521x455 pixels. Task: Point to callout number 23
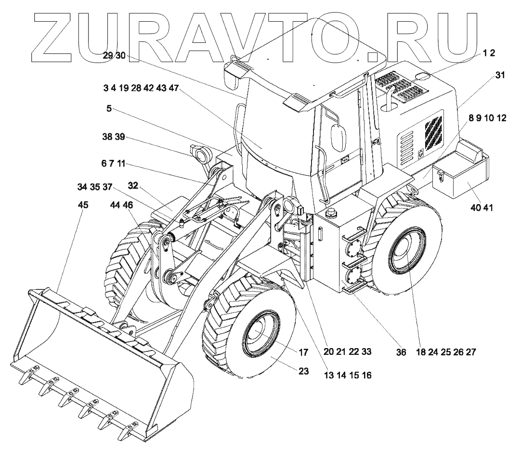(304, 371)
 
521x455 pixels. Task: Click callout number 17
(303, 352)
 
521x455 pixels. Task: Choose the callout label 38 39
(113, 137)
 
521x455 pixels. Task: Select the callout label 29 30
(114, 56)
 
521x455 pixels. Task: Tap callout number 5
(109, 109)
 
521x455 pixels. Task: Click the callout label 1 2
(489, 53)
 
